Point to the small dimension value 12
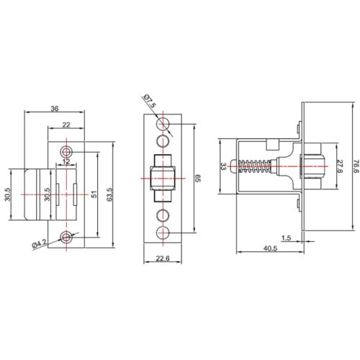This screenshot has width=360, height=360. [67, 162]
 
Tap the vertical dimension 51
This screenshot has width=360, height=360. [93, 193]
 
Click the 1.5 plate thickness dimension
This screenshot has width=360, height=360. [286, 237]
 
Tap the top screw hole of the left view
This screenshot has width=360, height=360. [67, 151]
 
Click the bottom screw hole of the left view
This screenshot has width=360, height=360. [67, 237]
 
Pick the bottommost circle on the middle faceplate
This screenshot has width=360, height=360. [163, 232]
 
